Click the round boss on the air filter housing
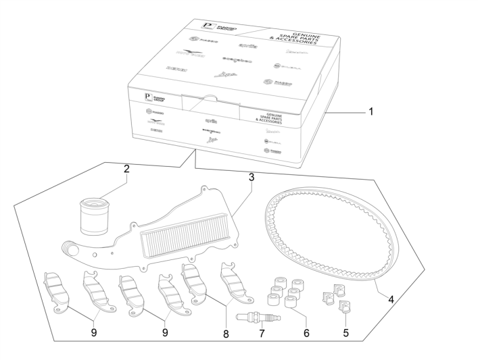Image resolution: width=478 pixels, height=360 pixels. [68, 248]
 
